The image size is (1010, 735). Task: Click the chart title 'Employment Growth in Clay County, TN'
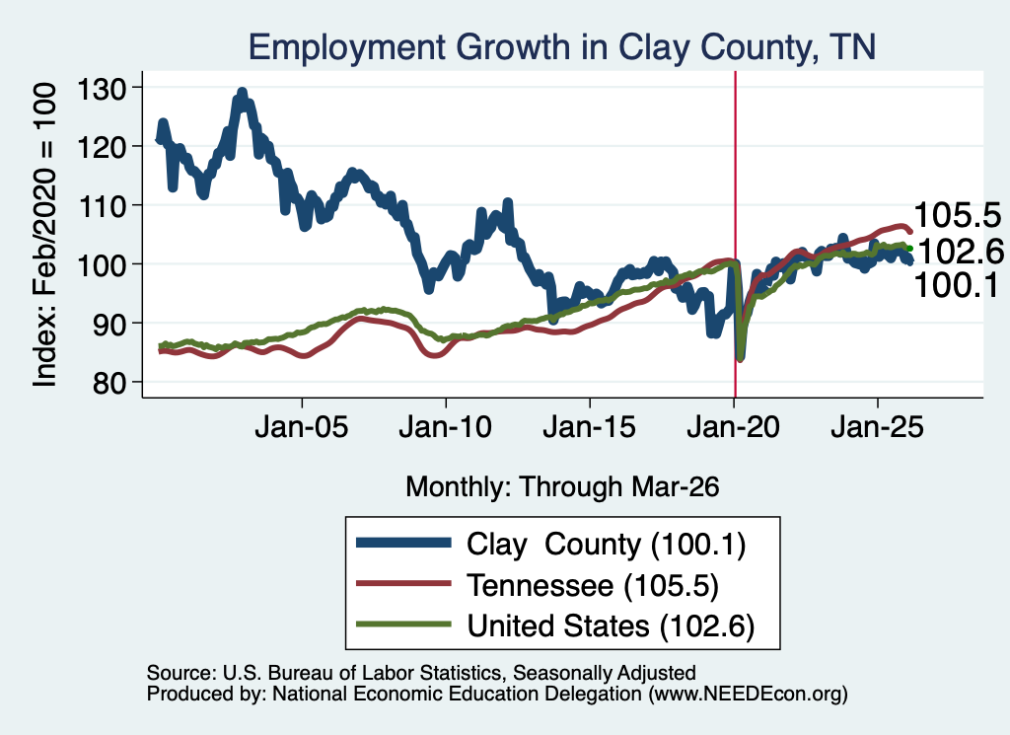point(561,47)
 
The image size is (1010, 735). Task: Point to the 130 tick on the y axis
point(102,89)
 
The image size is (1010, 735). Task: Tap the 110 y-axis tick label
point(102,207)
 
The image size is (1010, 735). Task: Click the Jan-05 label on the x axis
point(302,427)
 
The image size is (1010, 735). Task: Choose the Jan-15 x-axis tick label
point(590,427)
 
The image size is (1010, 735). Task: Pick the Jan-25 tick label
point(877,427)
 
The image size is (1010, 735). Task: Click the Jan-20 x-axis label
point(734,427)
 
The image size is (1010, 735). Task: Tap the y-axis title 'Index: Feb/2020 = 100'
point(45,235)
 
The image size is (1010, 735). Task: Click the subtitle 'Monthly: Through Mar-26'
point(562,487)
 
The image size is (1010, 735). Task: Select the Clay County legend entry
point(551,545)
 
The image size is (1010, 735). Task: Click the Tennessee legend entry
point(538,585)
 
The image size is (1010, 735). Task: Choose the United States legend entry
point(555,625)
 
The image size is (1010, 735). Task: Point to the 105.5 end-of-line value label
point(957,215)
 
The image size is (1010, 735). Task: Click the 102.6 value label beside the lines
point(961,251)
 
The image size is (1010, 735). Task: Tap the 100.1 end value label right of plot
point(957,285)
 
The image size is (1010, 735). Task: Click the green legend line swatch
point(403,625)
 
